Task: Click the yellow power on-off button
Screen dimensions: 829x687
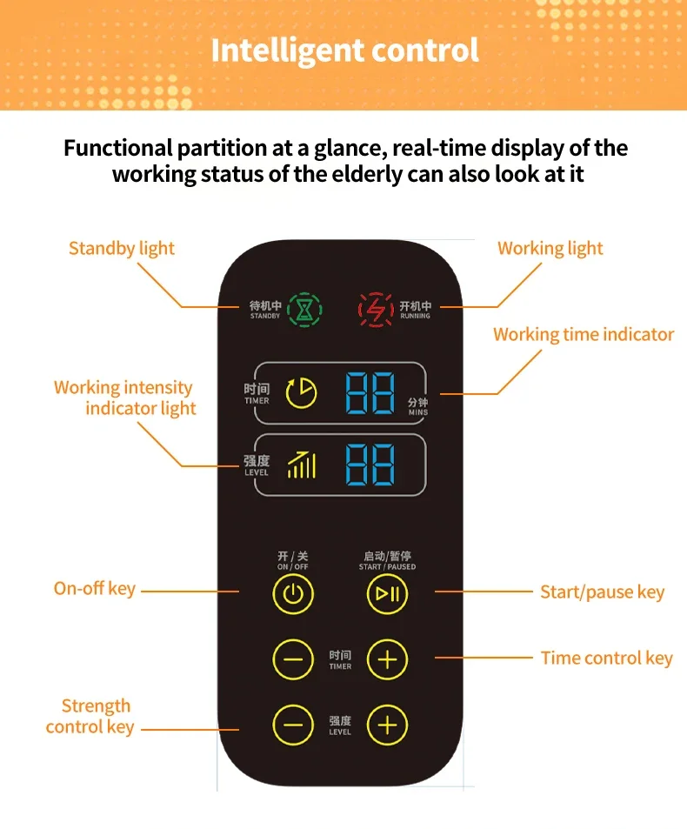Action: pyautogui.click(x=293, y=594)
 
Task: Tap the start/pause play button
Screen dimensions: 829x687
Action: pyautogui.click(x=387, y=594)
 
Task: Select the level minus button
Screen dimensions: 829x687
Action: pyautogui.click(x=293, y=725)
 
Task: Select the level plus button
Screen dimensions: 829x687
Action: pyautogui.click(x=387, y=725)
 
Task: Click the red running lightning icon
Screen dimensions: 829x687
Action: pyautogui.click(x=376, y=308)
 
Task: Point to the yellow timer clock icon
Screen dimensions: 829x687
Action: pyautogui.click(x=302, y=392)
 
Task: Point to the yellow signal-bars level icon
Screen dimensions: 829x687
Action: pyautogui.click(x=302, y=464)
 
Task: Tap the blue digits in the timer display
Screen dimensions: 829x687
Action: pyautogui.click(x=370, y=393)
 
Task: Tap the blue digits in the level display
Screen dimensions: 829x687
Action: pyautogui.click(x=370, y=465)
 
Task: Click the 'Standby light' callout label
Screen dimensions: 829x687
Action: pyautogui.click(x=122, y=249)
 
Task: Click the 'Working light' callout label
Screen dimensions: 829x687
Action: pyautogui.click(x=550, y=249)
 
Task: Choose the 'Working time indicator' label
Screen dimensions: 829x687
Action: pyautogui.click(x=584, y=334)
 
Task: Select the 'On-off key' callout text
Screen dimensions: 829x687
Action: pyautogui.click(x=95, y=589)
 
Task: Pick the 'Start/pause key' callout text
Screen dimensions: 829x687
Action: pyautogui.click(x=602, y=592)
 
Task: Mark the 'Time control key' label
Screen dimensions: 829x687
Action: pyautogui.click(x=606, y=658)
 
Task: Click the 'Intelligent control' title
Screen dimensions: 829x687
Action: pyautogui.click(x=344, y=50)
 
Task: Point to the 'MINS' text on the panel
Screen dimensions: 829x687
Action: pyautogui.click(x=418, y=412)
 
